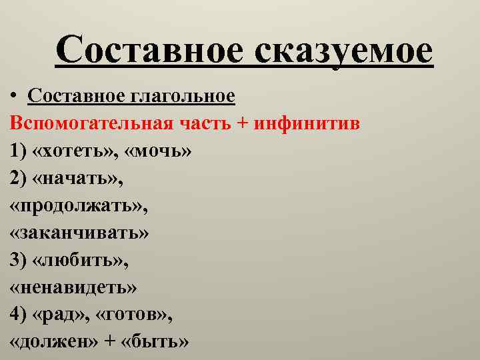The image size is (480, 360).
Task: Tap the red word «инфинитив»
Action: (313, 123)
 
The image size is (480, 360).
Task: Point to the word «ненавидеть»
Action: (74, 287)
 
